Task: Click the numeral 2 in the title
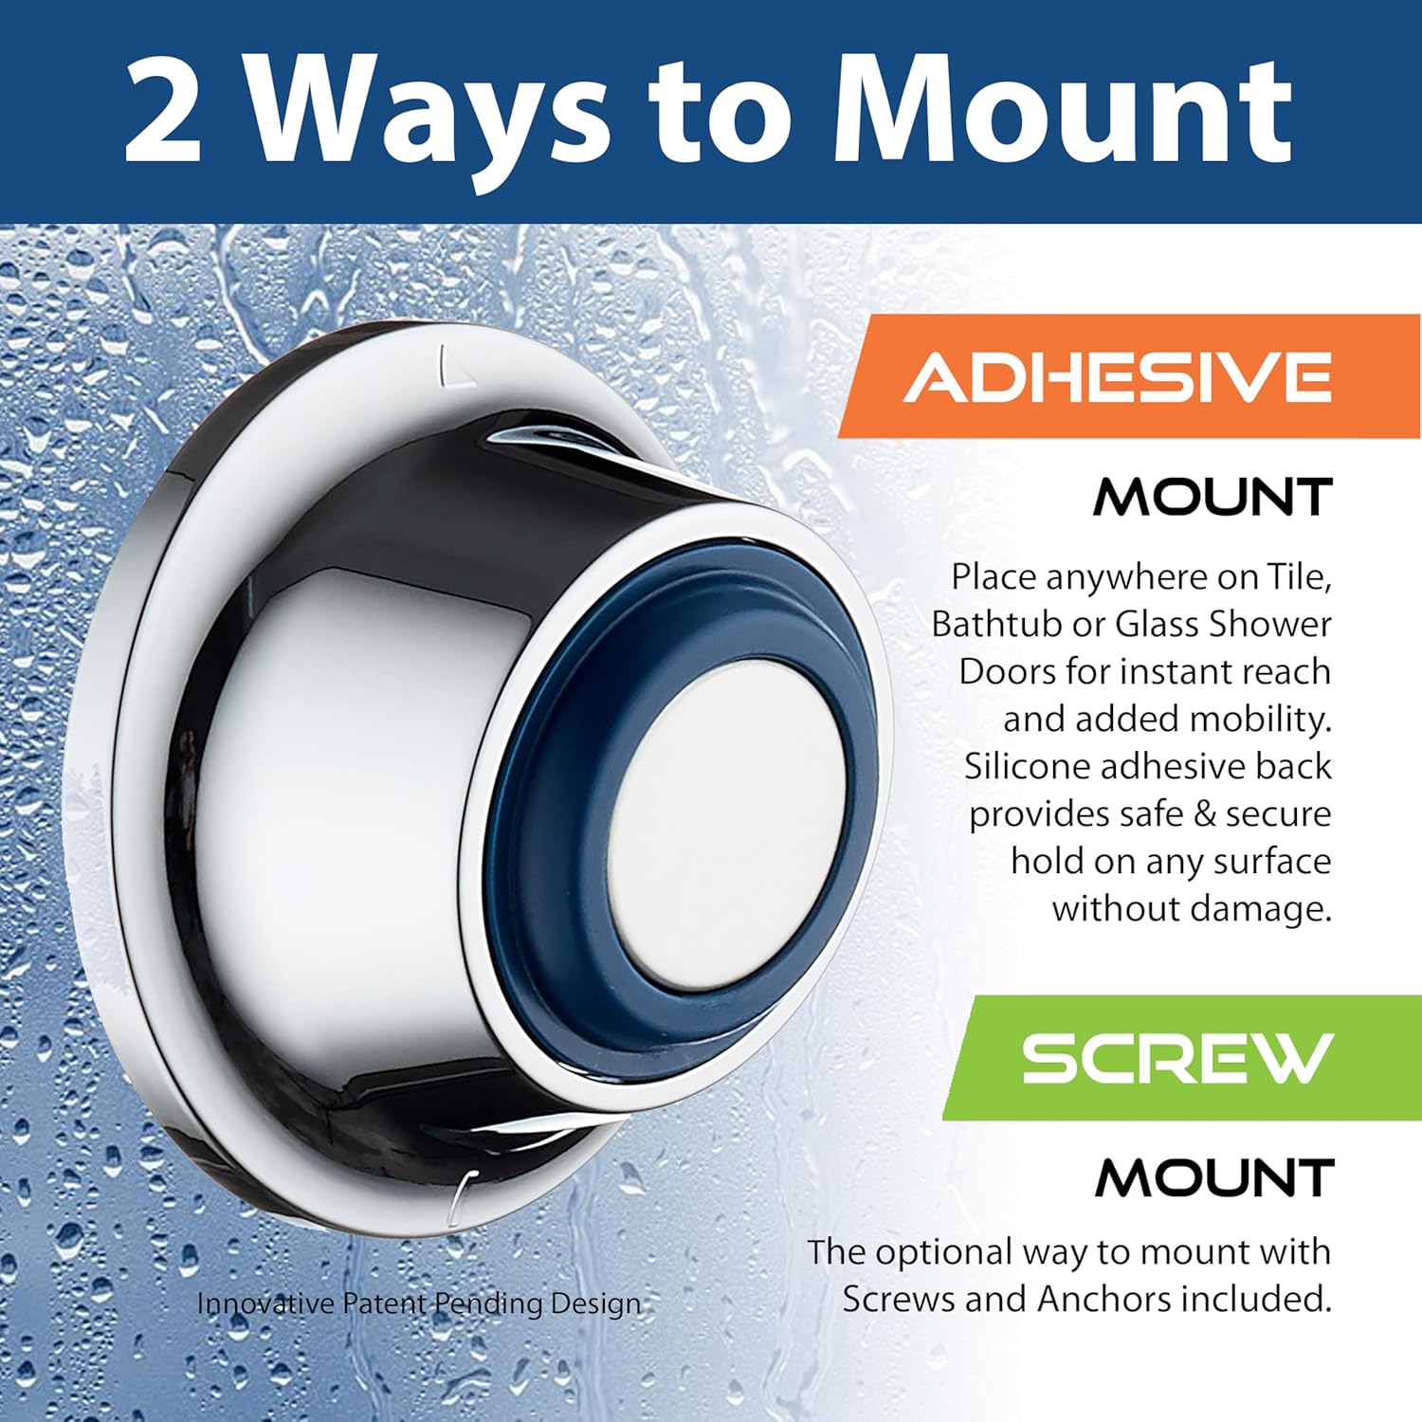click(163, 111)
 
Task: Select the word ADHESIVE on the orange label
click(1119, 376)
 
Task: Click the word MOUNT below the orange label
click(1213, 498)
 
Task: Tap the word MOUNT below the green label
click(1214, 1178)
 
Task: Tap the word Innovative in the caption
click(265, 1303)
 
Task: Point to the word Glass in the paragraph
click(1156, 625)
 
